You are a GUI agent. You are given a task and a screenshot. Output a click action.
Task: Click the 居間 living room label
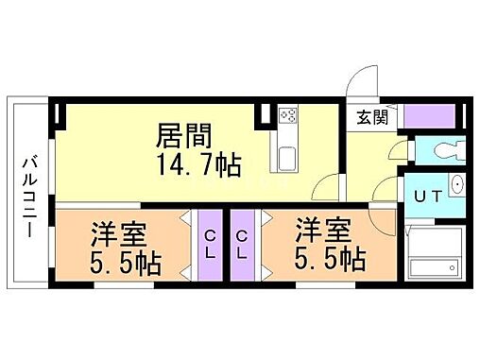(x=183, y=133)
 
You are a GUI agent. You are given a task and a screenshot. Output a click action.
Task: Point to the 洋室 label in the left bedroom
(x=111, y=231)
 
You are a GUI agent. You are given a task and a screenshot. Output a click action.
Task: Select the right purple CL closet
(x=243, y=245)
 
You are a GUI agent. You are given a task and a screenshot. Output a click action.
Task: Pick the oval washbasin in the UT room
(x=457, y=185)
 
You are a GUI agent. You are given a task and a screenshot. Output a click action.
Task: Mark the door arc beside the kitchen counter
(x=325, y=186)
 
